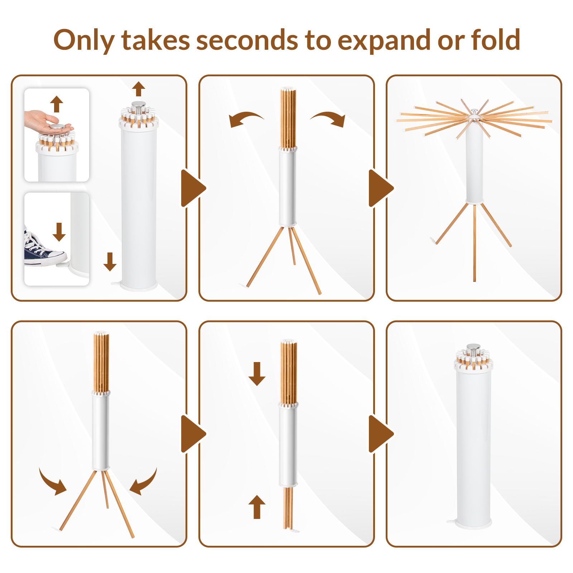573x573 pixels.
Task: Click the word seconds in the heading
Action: pos(247,40)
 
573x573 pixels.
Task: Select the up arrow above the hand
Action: pos(57,104)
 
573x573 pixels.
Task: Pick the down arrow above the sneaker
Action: pos(59,232)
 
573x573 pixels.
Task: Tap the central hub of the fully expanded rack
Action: pos(474,115)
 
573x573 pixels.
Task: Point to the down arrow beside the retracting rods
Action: pos(257,374)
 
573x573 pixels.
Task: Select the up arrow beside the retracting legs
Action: pos(257,507)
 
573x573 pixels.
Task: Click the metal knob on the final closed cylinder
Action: pos(473,348)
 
